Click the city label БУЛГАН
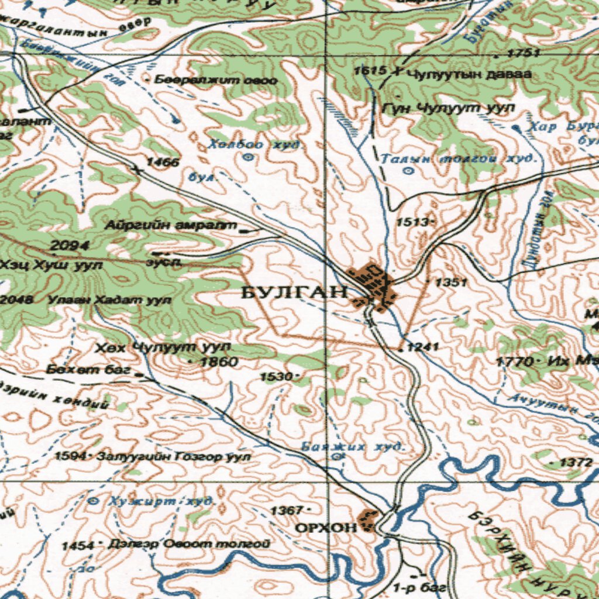[x=294, y=292]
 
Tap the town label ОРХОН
[x=325, y=528]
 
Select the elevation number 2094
[x=70, y=245]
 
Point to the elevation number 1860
[x=219, y=362]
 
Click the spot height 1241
[x=422, y=347]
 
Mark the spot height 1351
[x=451, y=283]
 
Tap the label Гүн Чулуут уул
[x=448, y=108]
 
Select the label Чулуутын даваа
[x=469, y=74]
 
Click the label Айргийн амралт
[x=171, y=225]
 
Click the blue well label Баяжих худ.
[x=353, y=447]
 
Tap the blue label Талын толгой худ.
[x=458, y=159]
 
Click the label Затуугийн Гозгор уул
[x=174, y=456]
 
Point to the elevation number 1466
[x=163, y=162]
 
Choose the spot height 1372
[x=576, y=462]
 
